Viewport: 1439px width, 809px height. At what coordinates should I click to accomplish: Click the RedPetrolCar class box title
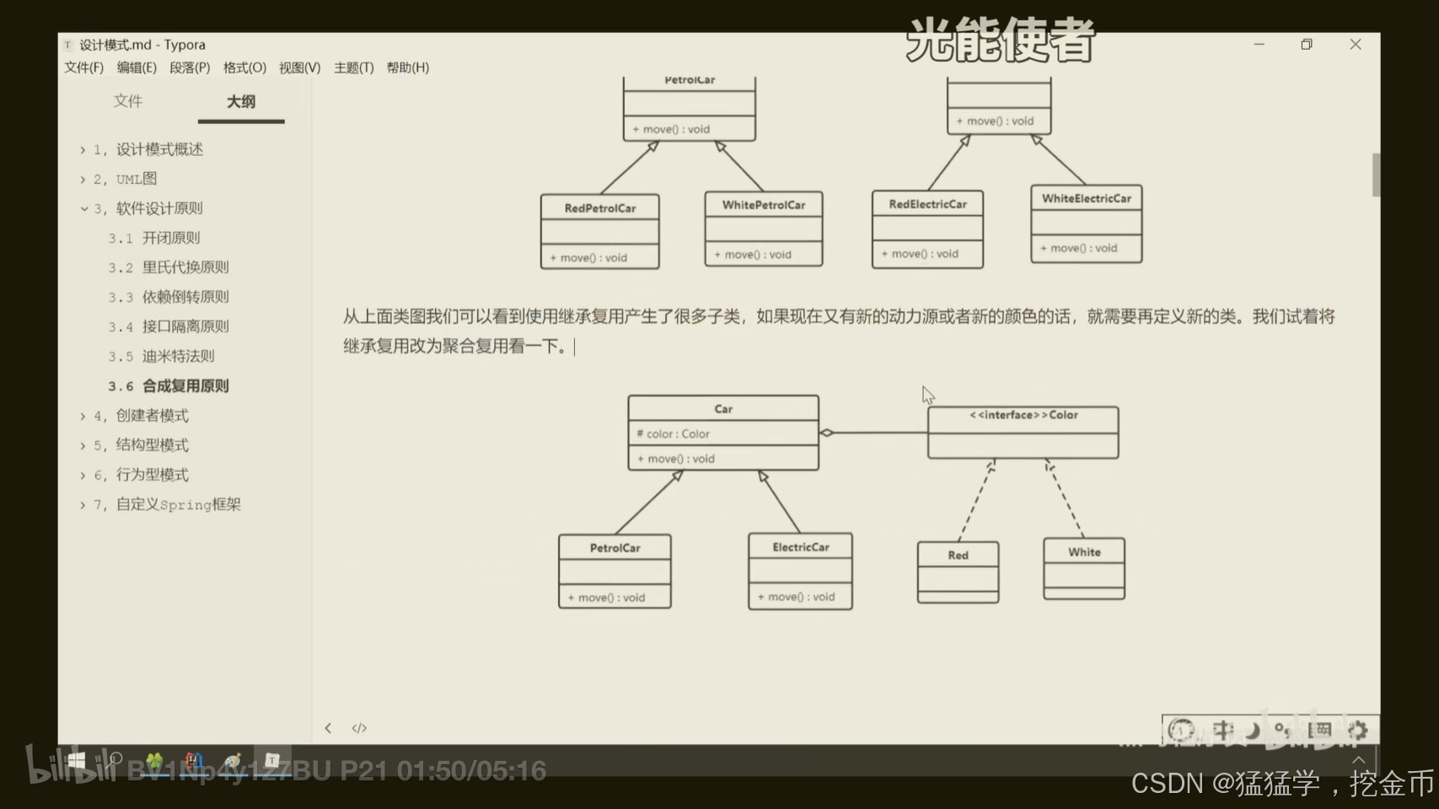pos(600,208)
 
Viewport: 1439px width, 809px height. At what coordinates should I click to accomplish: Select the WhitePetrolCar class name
pos(764,205)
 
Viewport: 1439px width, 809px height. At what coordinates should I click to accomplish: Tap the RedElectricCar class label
pos(927,204)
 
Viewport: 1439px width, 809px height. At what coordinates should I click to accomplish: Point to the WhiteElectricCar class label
pos(1086,199)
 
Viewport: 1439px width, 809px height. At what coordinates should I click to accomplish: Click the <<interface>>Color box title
pos(1023,415)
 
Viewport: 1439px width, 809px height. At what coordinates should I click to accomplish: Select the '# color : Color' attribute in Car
pos(674,434)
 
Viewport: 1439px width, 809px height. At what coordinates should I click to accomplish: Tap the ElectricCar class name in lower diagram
pos(801,548)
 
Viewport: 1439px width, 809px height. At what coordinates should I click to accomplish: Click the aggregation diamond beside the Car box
pos(827,433)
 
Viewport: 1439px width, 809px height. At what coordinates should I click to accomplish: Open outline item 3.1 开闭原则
pos(170,238)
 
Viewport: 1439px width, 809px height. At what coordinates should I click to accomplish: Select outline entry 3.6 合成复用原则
pos(185,386)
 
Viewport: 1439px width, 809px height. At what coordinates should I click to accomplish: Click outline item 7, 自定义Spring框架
pos(178,505)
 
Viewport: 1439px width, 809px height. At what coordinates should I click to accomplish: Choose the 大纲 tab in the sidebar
pos(241,102)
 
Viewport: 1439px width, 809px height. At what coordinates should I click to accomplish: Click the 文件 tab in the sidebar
pos(128,102)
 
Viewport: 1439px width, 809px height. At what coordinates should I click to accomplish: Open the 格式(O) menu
pos(244,68)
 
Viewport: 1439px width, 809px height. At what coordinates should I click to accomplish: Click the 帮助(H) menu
pos(408,68)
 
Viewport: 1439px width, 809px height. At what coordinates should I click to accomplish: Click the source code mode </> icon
pos(359,728)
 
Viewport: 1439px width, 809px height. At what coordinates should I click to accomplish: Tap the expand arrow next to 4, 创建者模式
pos(83,416)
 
